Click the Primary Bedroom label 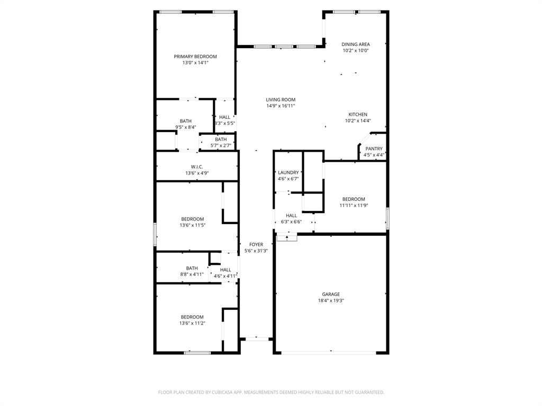pos(195,57)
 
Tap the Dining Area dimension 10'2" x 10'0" pos(355,51)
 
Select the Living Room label pos(281,99)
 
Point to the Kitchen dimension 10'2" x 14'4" pos(358,121)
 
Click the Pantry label pos(374,149)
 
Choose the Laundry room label pos(288,172)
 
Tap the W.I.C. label pos(197,167)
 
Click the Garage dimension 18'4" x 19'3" pos(331,300)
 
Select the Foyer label pos(256,245)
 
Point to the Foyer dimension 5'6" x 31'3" pos(256,251)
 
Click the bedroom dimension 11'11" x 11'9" pos(353,205)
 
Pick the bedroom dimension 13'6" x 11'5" pos(192,225)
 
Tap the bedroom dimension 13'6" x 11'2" pos(192,323)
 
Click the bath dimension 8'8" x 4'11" pos(192,274)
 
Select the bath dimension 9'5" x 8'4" pos(186,127)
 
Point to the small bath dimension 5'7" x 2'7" pos(221,145)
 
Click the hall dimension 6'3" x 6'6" pos(291,222)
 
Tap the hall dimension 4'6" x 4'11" pos(225,276)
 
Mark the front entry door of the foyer pos(256,338)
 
